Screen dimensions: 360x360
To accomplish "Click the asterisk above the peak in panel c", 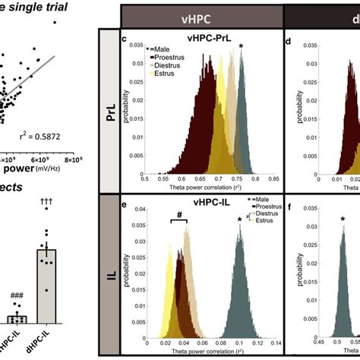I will pos(241,47).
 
